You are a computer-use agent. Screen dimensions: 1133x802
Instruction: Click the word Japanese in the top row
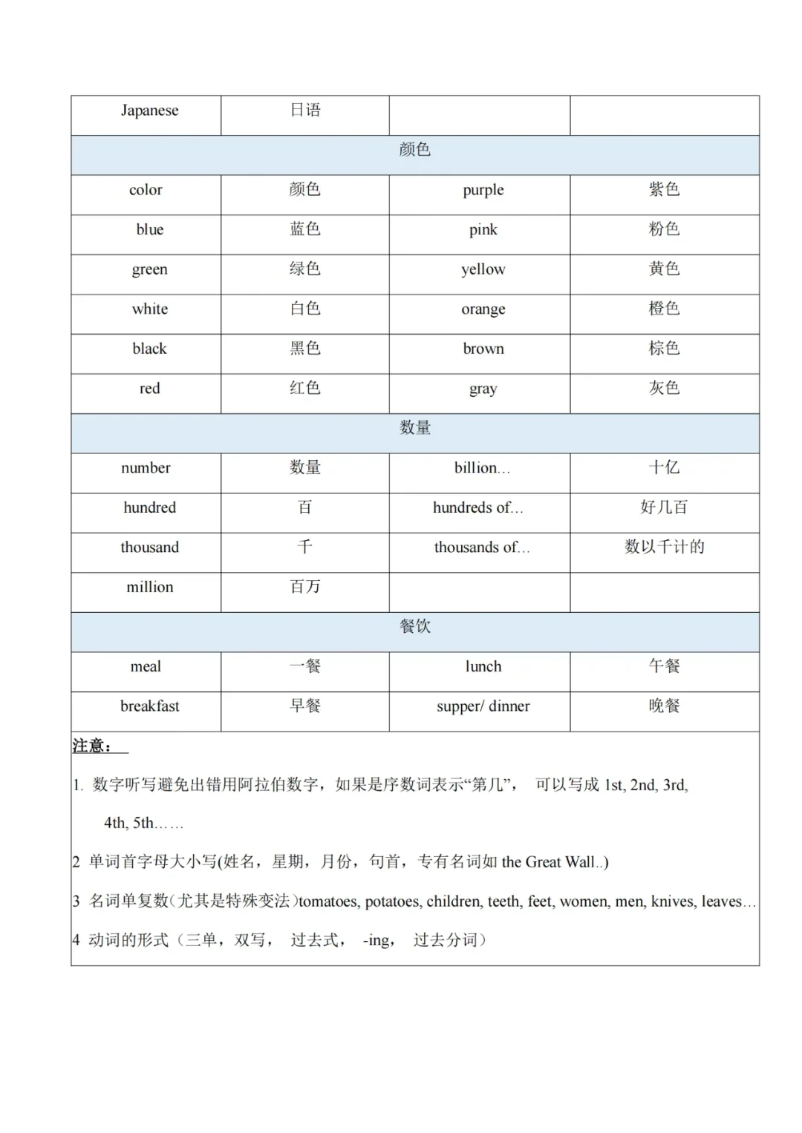(x=149, y=111)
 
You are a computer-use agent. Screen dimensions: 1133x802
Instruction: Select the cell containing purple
(x=483, y=190)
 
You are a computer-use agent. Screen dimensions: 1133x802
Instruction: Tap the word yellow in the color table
(x=483, y=269)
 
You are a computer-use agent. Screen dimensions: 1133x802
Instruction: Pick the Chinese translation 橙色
(x=664, y=309)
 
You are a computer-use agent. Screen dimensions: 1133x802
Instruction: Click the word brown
(x=483, y=349)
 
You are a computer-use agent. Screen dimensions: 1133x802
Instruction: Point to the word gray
(x=483, y=389)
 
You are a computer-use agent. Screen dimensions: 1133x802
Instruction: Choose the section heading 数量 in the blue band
(x=414, y=428)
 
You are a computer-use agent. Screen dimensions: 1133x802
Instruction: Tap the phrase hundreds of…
(x=478, y=508)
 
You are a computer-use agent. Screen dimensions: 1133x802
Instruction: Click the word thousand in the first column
(x=149, y=548)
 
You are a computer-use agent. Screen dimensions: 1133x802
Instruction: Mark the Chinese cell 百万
(x=304, y=587)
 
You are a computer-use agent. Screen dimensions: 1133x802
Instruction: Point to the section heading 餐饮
(x=414, y=627)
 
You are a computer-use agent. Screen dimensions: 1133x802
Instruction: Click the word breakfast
(x=149, y=706)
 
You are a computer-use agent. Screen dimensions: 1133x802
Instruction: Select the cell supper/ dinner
(x=483, y=706)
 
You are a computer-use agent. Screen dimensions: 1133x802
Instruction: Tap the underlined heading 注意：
(x=93, y=746)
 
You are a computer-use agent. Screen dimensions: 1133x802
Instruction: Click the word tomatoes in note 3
(x=329, y=902)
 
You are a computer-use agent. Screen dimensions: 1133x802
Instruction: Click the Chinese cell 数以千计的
(x=664, y=548)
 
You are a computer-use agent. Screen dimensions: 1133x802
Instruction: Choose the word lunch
(x=483, y=666)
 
